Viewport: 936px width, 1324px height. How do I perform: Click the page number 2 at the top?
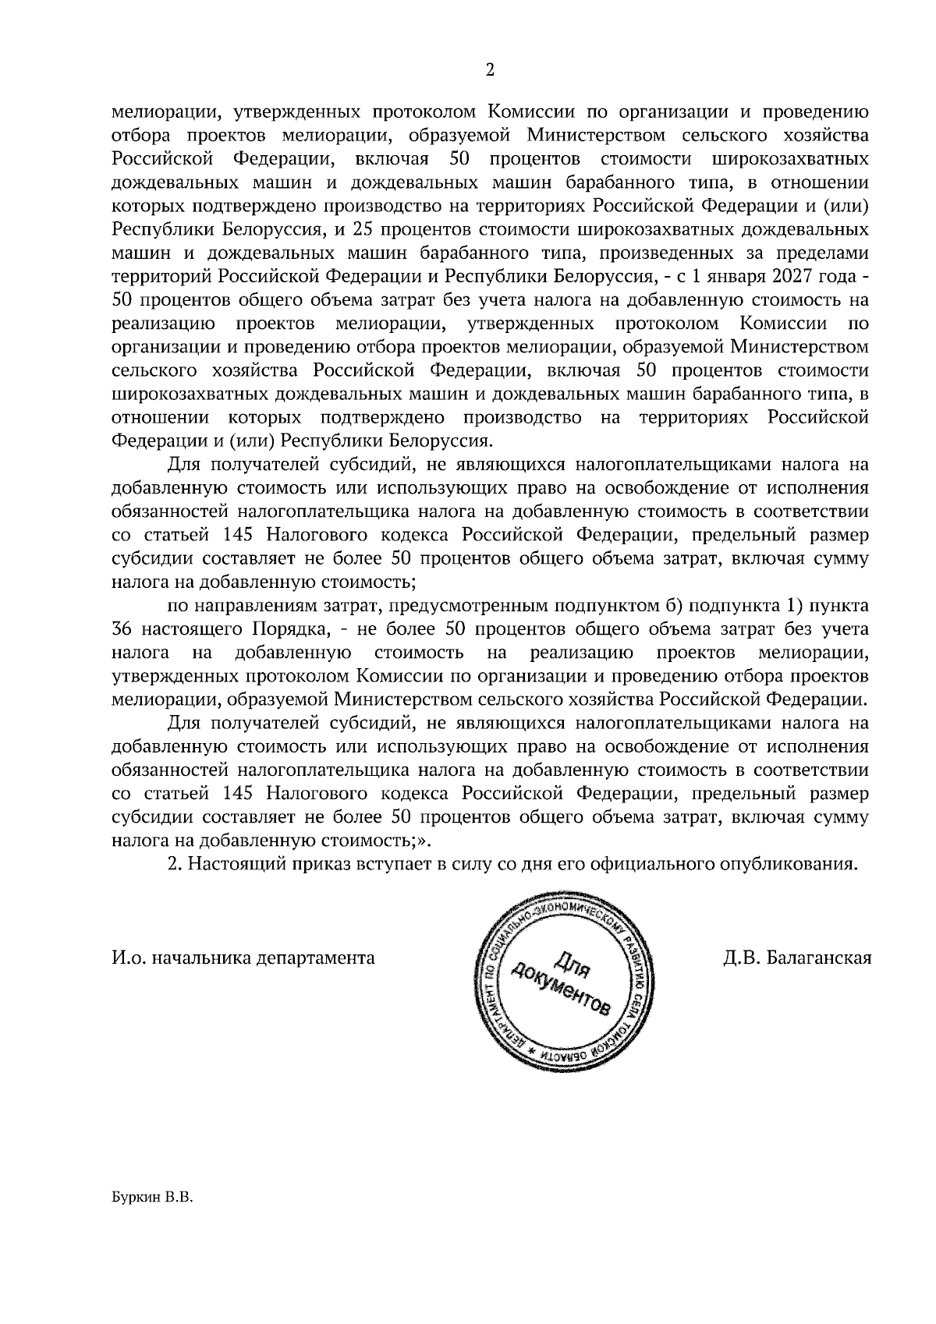(x=489, y=70)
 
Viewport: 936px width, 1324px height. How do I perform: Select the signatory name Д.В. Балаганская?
(x=796, y=957)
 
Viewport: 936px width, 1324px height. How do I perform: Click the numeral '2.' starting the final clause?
(x=176, y=864)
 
